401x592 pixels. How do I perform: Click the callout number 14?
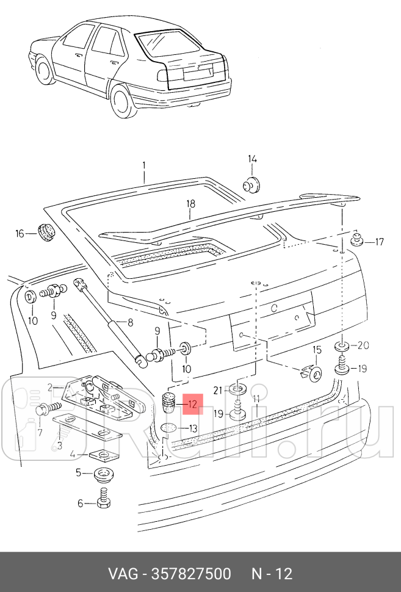coord(253,160)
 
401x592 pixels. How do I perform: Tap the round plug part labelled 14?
coord(250,183)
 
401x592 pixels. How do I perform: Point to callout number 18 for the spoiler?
coord(190,204)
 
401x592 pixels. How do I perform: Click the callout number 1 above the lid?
coord(144,165)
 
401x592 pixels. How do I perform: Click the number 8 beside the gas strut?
coord(130,322)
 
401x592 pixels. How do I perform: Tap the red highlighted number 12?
coord(192,403)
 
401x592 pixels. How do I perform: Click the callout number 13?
coord(193,428)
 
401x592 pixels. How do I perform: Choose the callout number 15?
coord(317,350)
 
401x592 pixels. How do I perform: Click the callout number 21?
coord(217,389)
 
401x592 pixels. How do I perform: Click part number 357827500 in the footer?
coord(188,574)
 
